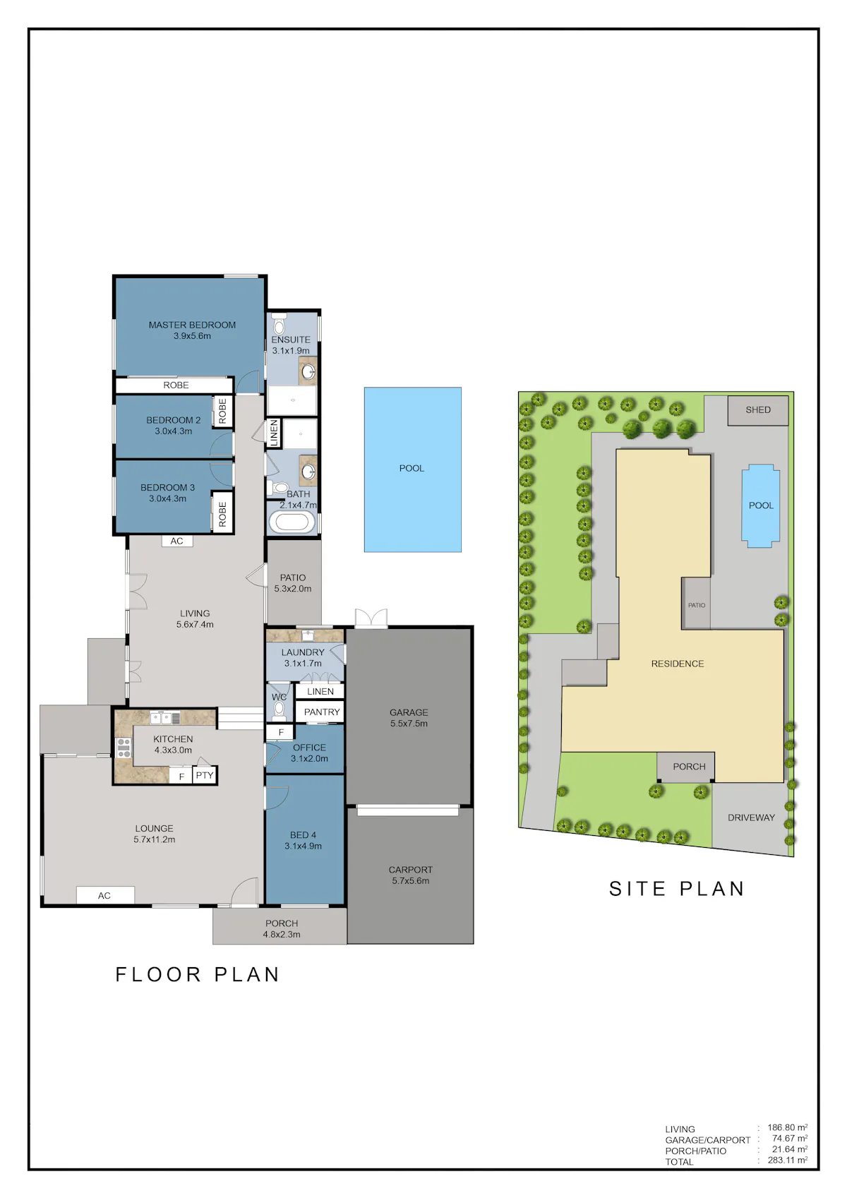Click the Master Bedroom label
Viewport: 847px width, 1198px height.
pyautogui.click(x=192, y=325)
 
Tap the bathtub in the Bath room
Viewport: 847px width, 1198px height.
pyautogui.click(x=292, y=522)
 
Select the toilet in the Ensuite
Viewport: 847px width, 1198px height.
pyautogui.click(x=279, y=324)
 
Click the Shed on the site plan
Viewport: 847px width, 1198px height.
pyautogui.click(x=757, y=410)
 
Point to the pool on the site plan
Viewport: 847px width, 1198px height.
pyautogui.click(x=760, y=505)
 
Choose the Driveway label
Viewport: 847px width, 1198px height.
pyautogui.click(x=751, y=817)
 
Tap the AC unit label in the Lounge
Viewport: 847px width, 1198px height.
pyautogui.click(x=104, y=896)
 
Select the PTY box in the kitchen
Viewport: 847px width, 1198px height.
pyautogui.click(x=205, y=776)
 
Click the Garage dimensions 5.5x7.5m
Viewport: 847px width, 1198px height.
pyautogui.click(x=409, y=724)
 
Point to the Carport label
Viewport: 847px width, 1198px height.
pyautogui.click(x=411, y=870)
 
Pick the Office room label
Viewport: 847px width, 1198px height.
pyautogui.click(x=309, y=747)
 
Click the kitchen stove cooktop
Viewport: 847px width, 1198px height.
pyautogui.click(x=124, y=748)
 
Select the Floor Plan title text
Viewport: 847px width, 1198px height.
pyautogui.click(x=198, y=974)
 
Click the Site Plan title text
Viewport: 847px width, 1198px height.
pyautogui.click(x=677, y=888)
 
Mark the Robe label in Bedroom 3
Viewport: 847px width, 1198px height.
pyautogui.click(x=223, y=514)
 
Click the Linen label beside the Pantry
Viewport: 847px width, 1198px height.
pyautogui.click(x=320, y=692)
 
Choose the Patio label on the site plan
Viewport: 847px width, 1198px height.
pyautogui.click(x=696, y=605)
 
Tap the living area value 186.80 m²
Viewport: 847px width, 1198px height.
pyautogui.click(x=787, y=1127)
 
